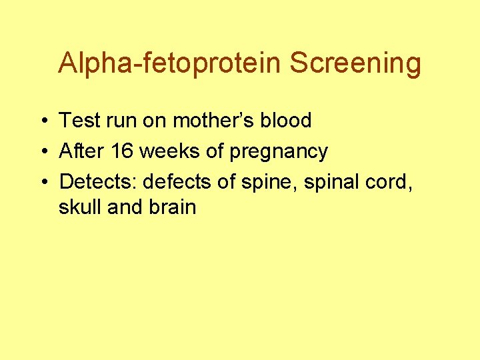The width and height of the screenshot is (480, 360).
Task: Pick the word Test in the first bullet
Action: point(78,121)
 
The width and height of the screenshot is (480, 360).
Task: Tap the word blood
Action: point(286,121)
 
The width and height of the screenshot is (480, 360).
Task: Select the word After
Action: point(83,151)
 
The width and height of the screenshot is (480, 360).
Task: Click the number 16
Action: point(122,151)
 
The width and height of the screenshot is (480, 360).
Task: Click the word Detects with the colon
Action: point(99,181)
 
